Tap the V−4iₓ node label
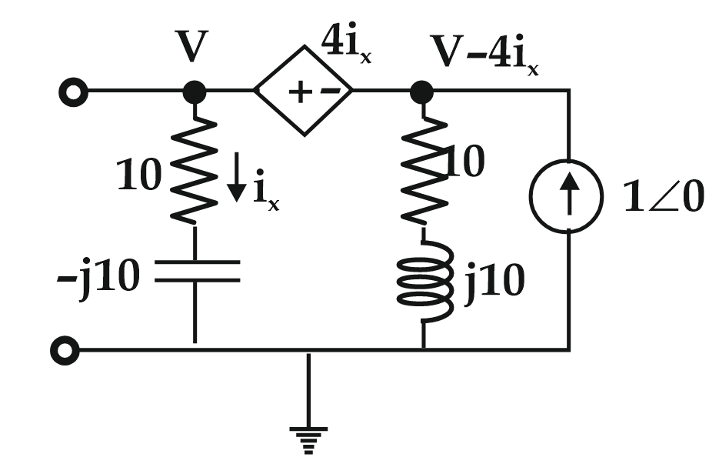(x=484, y=52)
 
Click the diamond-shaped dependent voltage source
(x=304, y=92)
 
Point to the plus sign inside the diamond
(x=295, y=92)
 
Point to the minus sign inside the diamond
(x=328, y=92)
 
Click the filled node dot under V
(x=195, y=93)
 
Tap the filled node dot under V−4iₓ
(x=421, y=93)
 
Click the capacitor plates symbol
(x=195, y=272)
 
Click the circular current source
(x=570, y=198)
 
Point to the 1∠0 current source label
(x=662, y=199)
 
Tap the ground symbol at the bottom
(x=308, y=435)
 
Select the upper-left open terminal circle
(x=73, y=93)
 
